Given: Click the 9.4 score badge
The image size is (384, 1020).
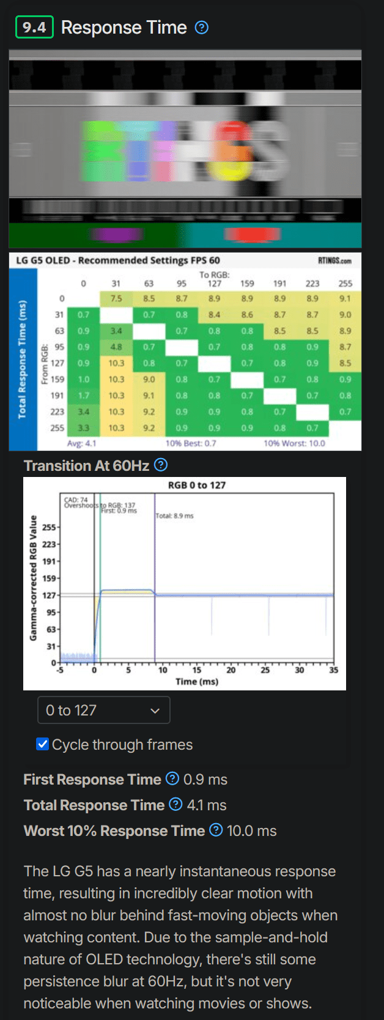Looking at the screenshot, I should tap(34, 27).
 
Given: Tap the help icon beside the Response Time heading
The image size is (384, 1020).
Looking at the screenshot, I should tap(202, 28).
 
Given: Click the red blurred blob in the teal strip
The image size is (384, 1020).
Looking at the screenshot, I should tap(252, 234).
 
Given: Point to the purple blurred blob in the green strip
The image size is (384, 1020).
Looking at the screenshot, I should tap(116, 234).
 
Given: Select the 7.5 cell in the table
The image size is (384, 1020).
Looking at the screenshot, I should tap(116, 298).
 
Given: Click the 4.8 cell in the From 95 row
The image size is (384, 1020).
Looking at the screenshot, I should tap(116, 347).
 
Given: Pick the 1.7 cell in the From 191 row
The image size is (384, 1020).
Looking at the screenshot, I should tap(84, 396).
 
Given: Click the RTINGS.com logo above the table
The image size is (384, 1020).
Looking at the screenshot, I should tap(334, 261).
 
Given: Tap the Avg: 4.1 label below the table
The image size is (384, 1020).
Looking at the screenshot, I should tap(82, 443).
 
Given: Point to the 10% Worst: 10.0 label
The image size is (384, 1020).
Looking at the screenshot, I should tap(294, 443).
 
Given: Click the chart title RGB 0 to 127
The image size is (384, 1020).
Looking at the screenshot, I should tap(197, 485).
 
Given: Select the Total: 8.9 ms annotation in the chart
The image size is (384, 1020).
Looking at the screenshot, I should tap(174, 516).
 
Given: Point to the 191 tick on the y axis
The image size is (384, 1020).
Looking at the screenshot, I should tap(49, 561).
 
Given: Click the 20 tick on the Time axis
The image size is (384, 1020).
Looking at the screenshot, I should tap(231, 670).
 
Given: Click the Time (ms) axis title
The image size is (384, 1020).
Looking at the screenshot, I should tap(196, 682).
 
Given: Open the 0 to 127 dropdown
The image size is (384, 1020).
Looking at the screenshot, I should tap(103, 710).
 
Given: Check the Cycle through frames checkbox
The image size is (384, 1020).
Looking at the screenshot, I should tap(43, 744).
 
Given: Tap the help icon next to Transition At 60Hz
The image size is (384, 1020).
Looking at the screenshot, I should tap(161, 465).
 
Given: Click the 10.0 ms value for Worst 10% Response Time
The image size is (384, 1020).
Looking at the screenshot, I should tap(251, 831).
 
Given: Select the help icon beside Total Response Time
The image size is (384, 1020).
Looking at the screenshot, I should tap(175, 805).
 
